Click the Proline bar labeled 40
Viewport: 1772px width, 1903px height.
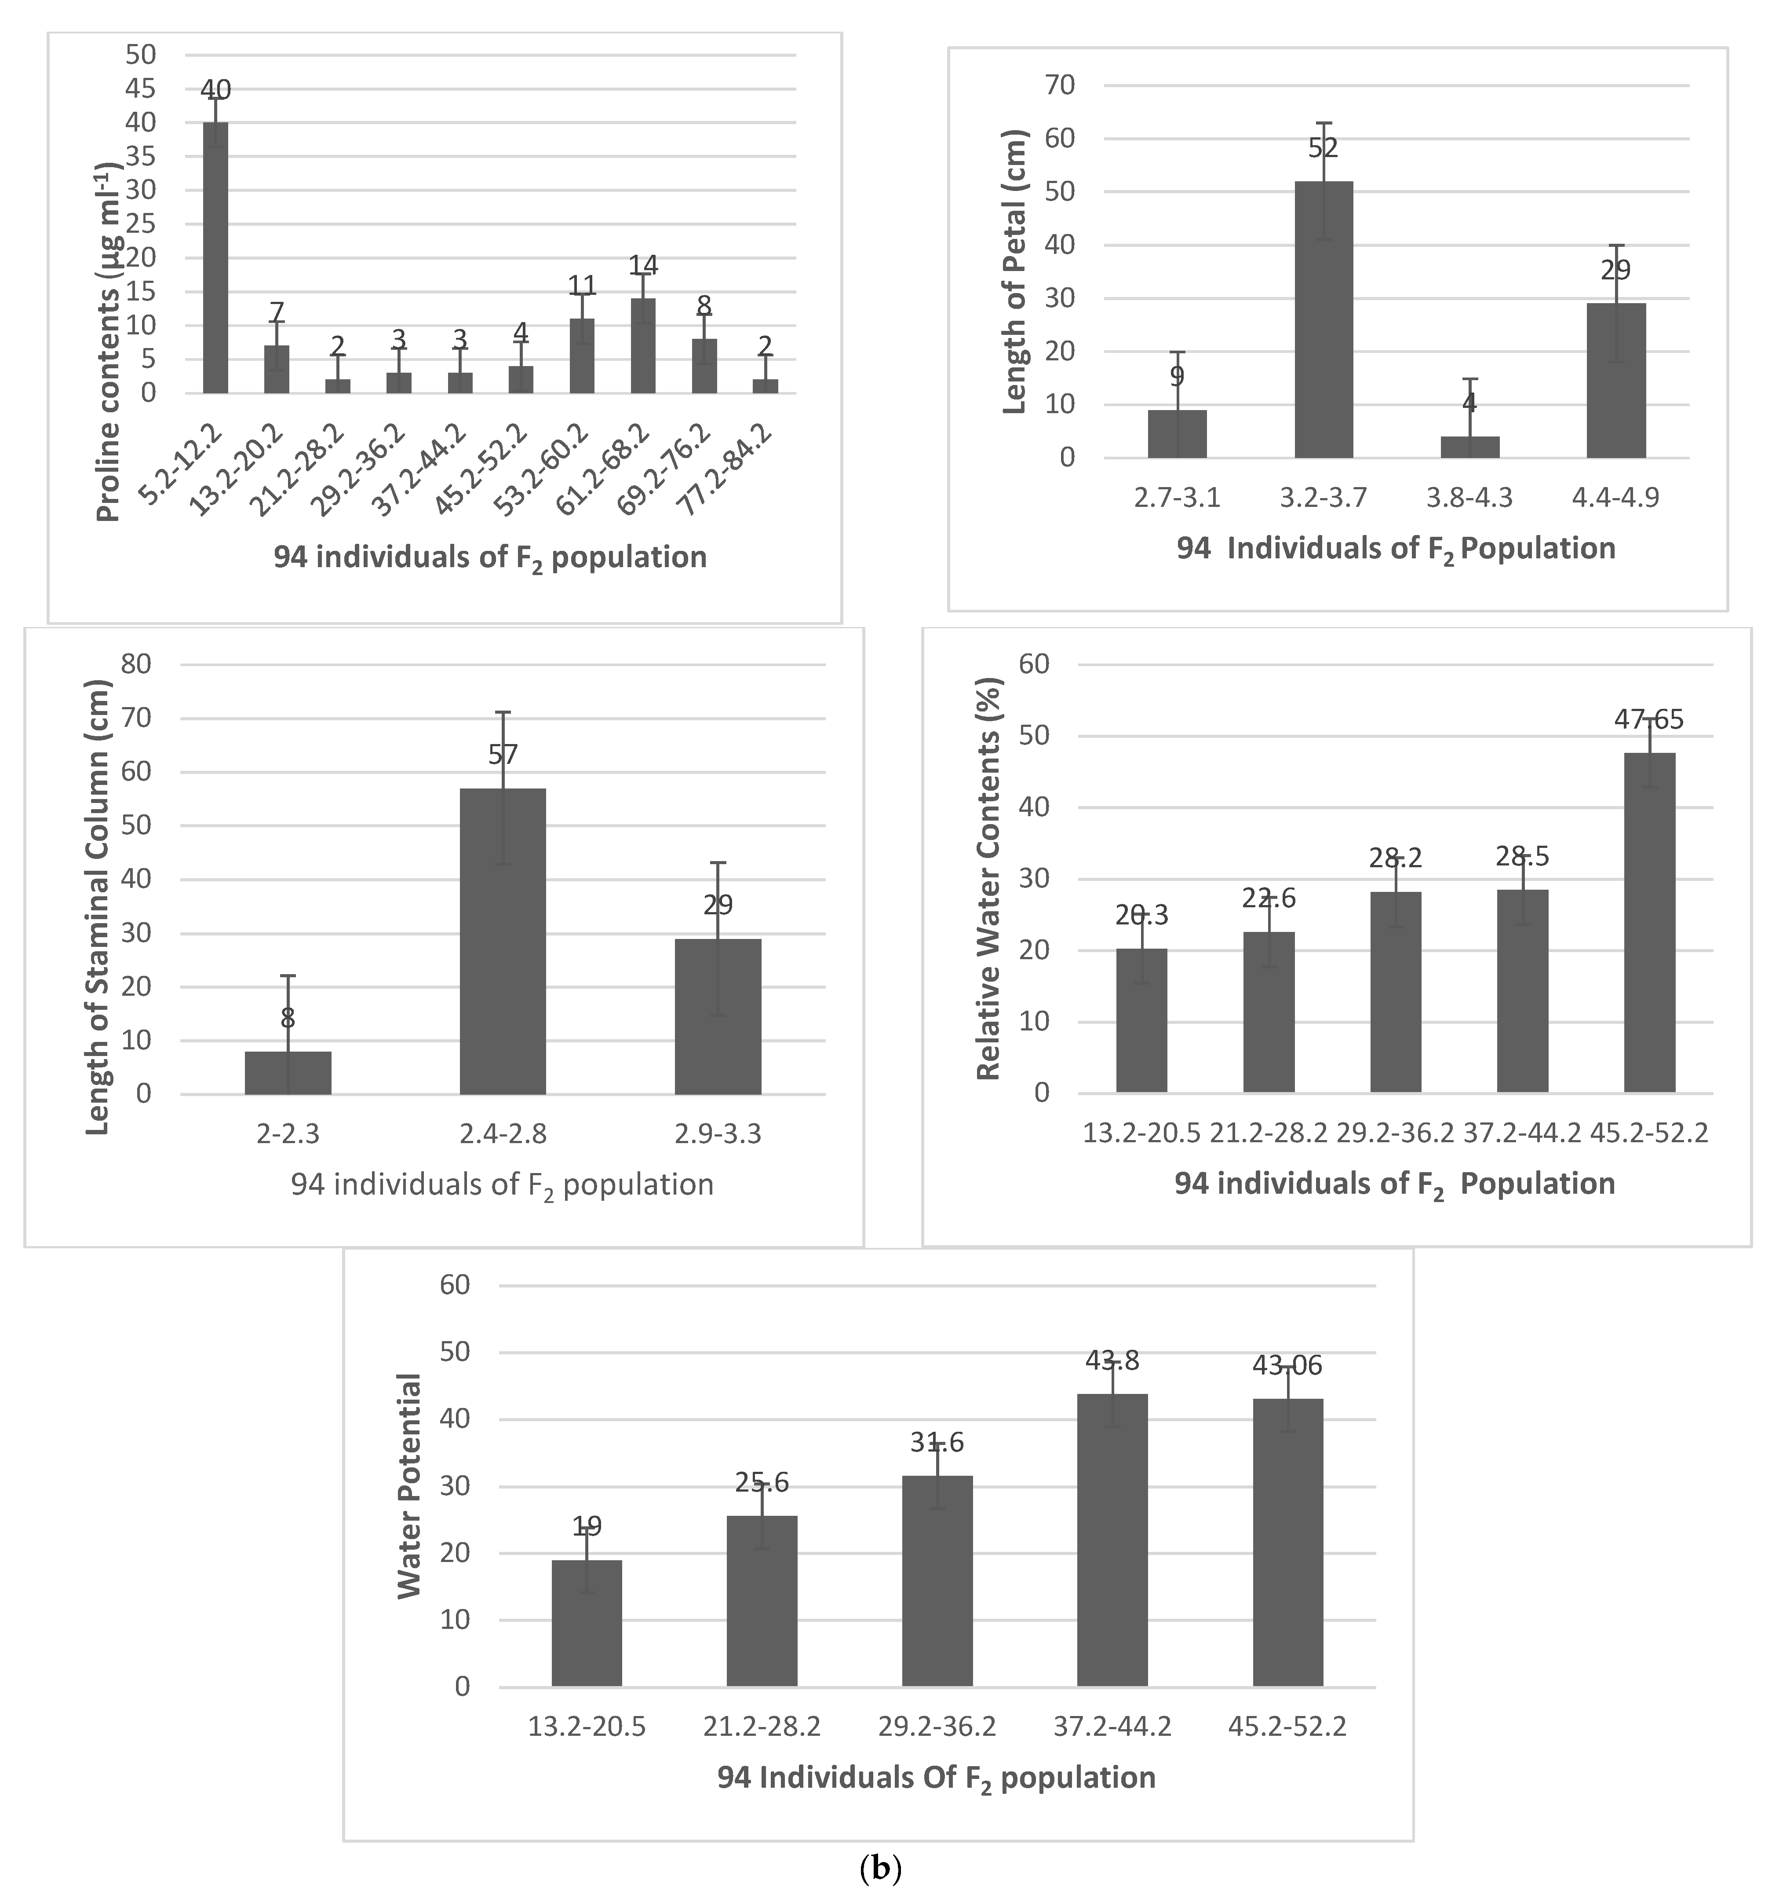(215, 258)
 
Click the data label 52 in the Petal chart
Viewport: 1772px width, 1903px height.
(1323, 148)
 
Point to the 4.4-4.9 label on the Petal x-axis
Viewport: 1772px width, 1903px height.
(1615, 498)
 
